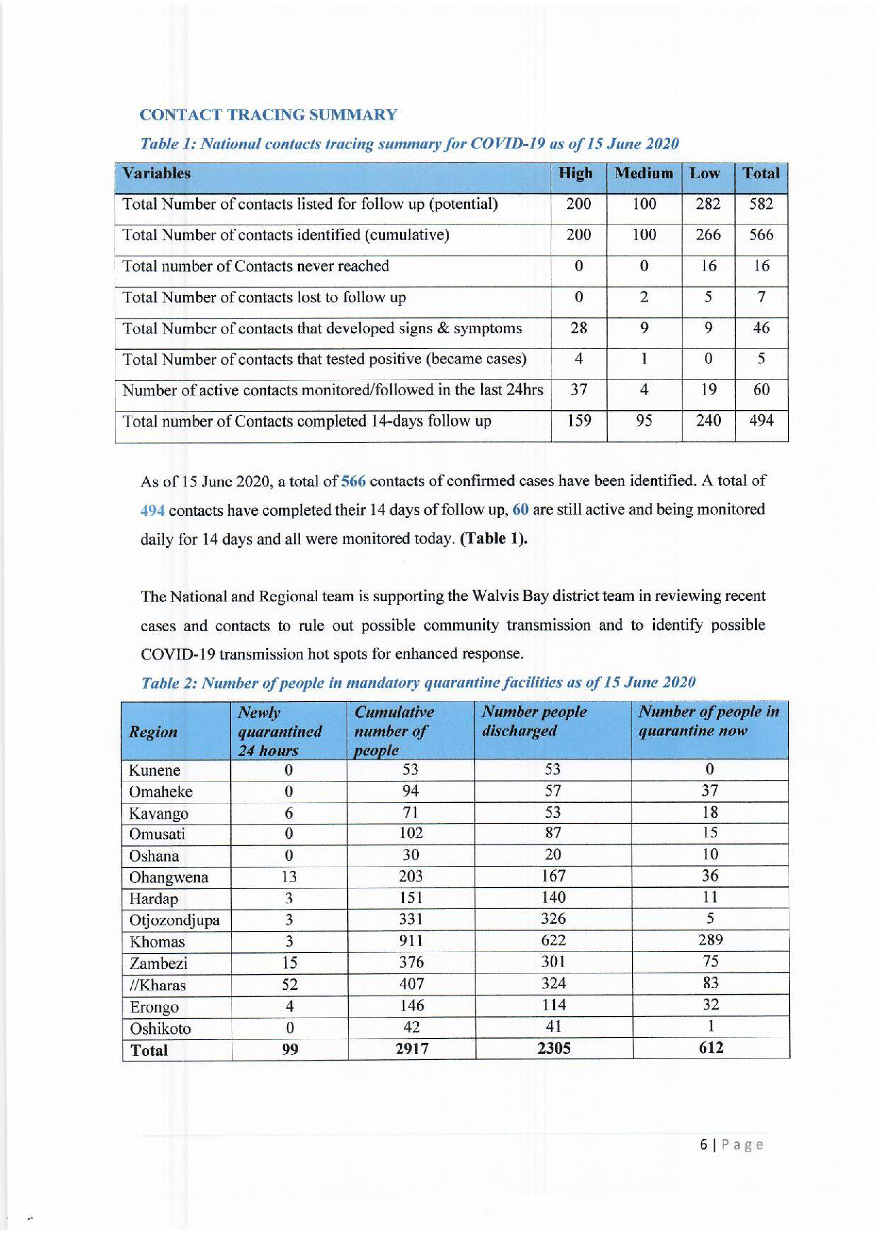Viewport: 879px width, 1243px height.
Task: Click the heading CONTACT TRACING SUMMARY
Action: click(268, 115)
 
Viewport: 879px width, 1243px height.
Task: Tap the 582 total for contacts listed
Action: click(760, 204)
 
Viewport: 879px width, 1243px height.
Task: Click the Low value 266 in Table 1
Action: click(708, 235)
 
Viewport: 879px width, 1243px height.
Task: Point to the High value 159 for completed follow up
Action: click(579, 421)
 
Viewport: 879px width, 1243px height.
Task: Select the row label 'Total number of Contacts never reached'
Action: click(256, 266)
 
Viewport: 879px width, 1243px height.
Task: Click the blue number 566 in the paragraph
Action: click(353, 481)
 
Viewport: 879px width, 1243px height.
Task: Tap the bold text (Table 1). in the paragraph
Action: click(493, 539)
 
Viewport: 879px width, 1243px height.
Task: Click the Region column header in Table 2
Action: click(153, 732)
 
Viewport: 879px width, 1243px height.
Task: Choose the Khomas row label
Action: click(157, 942)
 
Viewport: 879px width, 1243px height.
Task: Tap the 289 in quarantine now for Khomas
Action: click(710, 940)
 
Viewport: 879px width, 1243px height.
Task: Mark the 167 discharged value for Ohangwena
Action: click(553, 876)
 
